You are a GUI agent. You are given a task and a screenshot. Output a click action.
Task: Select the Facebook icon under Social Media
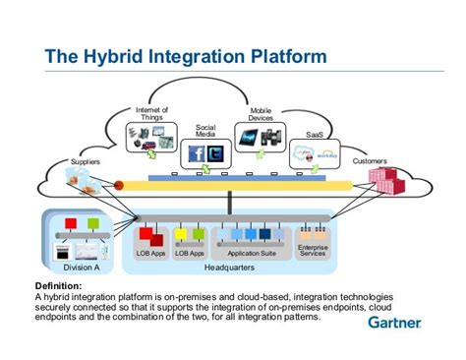pyautogui.click(x=196, y=153)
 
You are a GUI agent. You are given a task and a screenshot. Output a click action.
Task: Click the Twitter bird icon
pyautogui.click(x=214, y=153)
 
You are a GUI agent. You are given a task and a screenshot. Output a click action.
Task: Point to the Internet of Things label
pyautogui.click(x=150, y=113)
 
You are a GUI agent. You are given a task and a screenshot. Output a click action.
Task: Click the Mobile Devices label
pyautogui.click(x=261, y=113)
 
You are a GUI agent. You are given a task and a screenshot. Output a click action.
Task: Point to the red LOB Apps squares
pyautogui.click(x=151, y=236)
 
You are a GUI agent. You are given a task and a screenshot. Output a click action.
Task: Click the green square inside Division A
pyautogui.click(x=92, y=224)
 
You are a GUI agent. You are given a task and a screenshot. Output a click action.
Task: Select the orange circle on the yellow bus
pyautogui.click(x=119, y=184)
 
